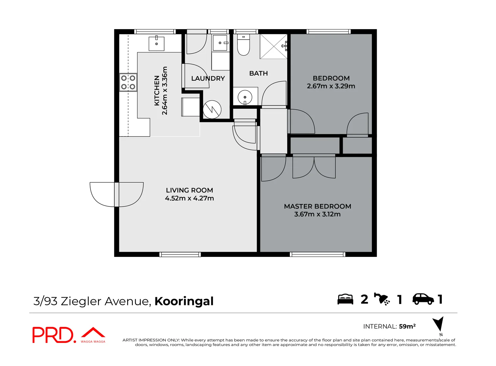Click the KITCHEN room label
point(157,91)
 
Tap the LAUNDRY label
point(208,78)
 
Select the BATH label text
point(258,73)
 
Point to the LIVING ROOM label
point(190,190)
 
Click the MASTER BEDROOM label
point(317,206)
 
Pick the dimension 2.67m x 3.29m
point(331,86)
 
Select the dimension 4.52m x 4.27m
point(190,198)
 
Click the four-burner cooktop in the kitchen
point(128,82)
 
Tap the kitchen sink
point(157,43)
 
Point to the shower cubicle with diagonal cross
point(273,46)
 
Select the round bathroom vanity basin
point(245,97)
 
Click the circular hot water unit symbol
point(212,109)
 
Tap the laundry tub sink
point(220,43)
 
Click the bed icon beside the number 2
point(345,299)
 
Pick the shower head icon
point(382,299)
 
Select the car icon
point(423,299)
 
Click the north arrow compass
point(439,324)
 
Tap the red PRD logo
point(53,335)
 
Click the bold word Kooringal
point(184,301)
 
